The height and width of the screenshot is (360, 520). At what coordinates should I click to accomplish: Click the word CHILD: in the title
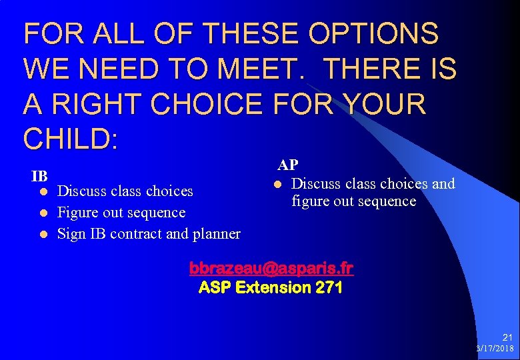click(71, 138)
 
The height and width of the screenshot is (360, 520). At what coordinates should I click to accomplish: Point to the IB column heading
click(39, 177)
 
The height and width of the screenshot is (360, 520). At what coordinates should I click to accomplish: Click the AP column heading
click(288, 165)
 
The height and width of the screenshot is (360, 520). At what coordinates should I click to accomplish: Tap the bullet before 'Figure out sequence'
click(43, 213)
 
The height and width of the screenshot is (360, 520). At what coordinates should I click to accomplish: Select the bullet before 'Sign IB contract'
click(43, 234)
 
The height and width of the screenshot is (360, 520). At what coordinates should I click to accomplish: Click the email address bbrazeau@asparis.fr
click(271, 268)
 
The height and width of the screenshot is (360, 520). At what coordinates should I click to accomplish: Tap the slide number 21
click(508, 338)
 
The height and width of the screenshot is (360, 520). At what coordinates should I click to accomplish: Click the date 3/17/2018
click(495, 349)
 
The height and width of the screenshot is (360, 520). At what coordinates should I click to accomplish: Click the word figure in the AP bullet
click(309, 201)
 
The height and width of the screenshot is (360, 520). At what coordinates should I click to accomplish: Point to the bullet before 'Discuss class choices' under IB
click(43, 191)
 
